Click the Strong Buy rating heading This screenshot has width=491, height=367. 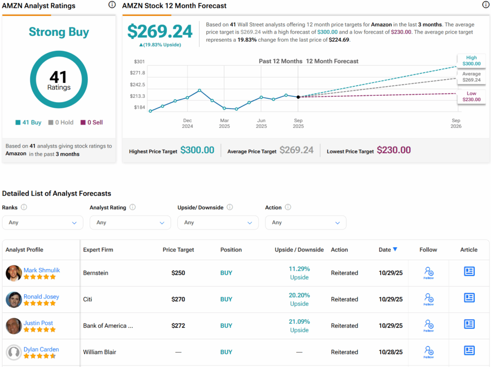click(58, 32)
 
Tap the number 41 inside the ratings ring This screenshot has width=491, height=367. click(58, 77)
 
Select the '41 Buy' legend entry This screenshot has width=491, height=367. click(28, 122)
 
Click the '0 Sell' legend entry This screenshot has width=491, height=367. click(92, 122)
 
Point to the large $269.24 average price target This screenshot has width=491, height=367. click(160, 32)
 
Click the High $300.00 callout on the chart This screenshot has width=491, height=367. click(471, 60)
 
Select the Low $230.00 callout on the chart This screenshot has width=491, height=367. click(471, 96)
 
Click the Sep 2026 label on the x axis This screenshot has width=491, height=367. click(456, 124)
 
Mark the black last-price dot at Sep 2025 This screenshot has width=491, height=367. click(298, 97)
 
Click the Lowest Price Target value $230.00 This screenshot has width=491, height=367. click(394, 150)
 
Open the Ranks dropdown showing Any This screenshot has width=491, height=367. click(43, 222)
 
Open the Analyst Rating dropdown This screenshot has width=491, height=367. click(130, 222)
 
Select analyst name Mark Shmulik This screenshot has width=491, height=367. click(42, 270)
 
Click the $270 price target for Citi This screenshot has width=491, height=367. click(178, 299)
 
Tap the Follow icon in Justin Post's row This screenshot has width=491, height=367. click(429, 326)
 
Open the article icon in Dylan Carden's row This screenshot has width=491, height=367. click(469, 351)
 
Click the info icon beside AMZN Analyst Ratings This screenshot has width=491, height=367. click(112, 5)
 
